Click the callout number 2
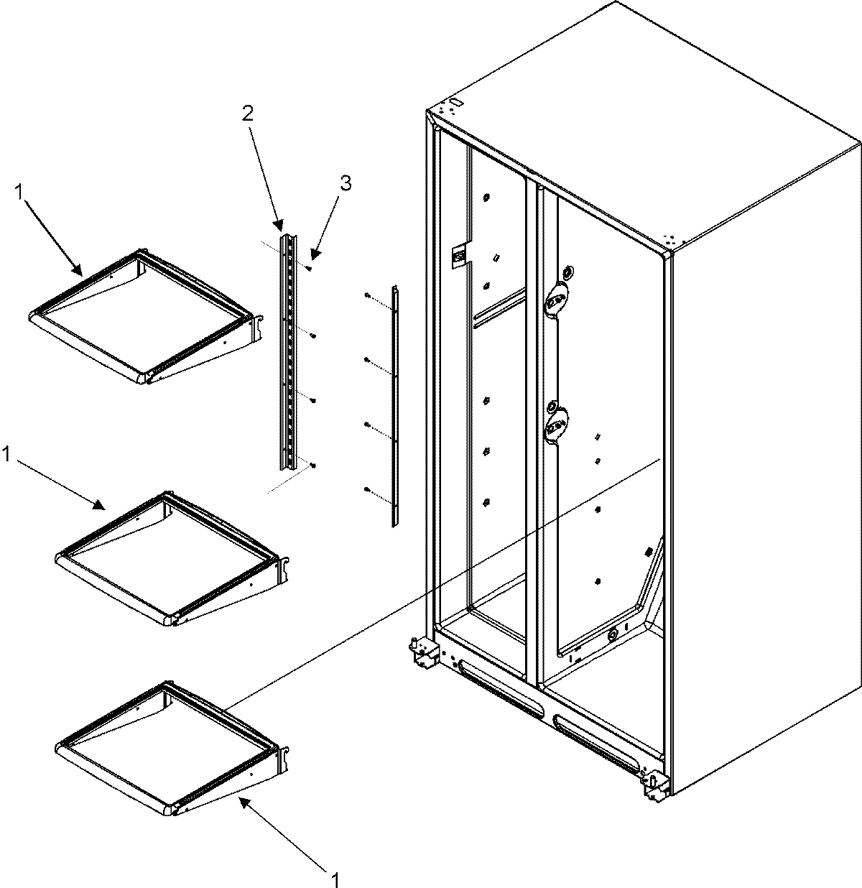click(247, 113)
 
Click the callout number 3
click(346, 184)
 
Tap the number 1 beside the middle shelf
click(7, 454)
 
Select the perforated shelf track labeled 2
click(289, 352)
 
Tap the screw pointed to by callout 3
click(307, 269)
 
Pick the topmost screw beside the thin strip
click(366, 296)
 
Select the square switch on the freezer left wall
click(457, 254)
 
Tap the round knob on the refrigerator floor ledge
click(612, 635)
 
